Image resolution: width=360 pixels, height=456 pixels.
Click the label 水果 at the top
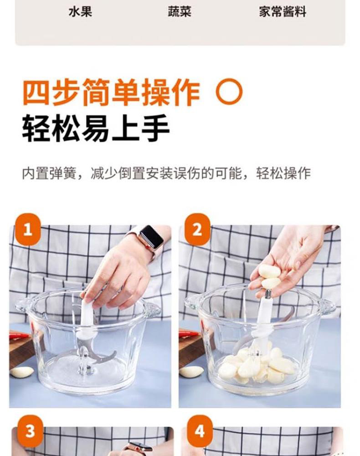pos(81,12)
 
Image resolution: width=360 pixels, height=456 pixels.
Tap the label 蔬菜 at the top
pos(180,12)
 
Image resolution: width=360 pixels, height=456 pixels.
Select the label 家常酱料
pos(283,12)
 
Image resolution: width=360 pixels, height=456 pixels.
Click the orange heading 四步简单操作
pos(112,92)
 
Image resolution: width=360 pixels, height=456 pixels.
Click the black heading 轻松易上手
pos(96,128)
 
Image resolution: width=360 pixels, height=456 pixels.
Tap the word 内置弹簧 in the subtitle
pos(49,174)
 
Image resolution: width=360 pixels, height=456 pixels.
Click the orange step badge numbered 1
pos(28,229)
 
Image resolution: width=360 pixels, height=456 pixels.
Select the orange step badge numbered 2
pos(197,229)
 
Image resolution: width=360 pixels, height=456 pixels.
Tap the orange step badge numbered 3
pos(30,431)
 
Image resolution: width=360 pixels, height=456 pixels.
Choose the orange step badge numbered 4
pos(200,431)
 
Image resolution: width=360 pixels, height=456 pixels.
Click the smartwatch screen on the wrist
pos(151,236)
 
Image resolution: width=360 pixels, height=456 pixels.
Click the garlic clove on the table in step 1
pos(22,372)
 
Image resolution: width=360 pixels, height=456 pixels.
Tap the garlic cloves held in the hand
pos(270,276)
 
